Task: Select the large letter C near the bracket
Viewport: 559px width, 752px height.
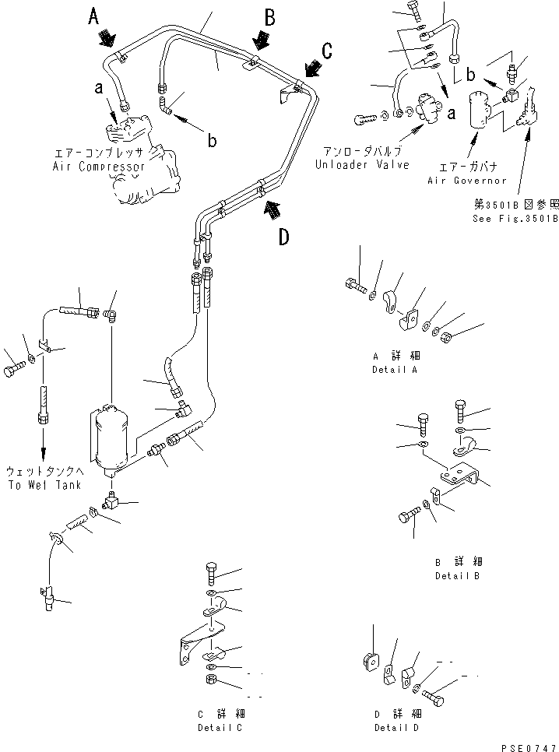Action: pos(327,51)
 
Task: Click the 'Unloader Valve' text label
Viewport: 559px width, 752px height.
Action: pos(362,165)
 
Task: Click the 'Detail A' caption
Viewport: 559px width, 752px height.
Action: pos(395,369)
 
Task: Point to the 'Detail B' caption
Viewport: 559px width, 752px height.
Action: pos(457,575)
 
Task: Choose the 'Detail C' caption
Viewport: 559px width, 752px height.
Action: pos(220,727)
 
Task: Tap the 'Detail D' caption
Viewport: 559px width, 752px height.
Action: pos(396,727)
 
